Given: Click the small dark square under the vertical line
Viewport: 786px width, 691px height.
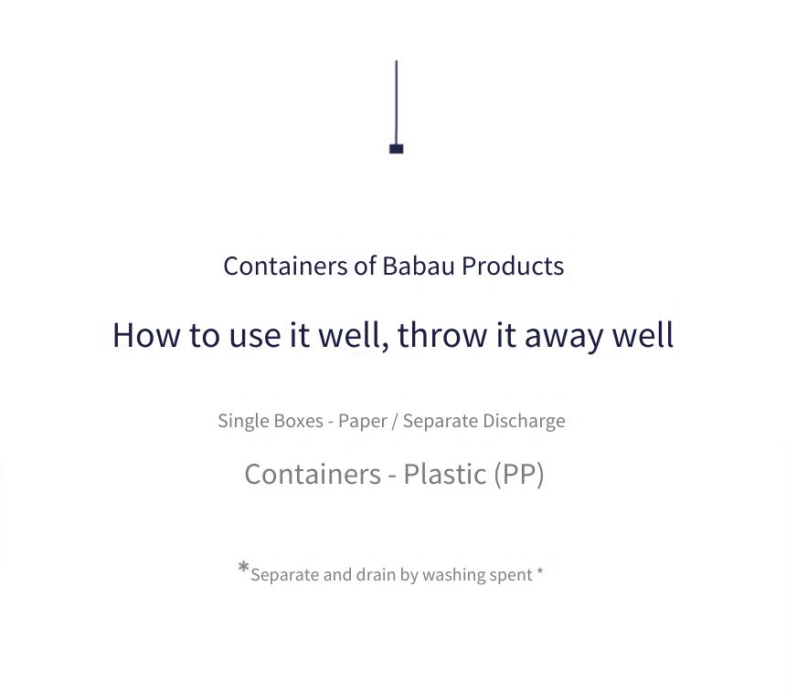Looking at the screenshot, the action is point(396,149).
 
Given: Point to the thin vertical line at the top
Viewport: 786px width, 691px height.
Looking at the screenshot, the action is point(397,102).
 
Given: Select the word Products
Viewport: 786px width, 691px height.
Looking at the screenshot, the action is point(513,266).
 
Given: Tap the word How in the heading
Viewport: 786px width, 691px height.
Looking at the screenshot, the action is point(146,335).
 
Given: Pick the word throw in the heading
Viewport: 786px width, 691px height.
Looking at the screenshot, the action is point(441,334).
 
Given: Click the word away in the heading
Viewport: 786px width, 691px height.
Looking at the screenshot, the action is point(563,337).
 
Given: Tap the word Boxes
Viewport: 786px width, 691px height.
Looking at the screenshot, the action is point(299,421).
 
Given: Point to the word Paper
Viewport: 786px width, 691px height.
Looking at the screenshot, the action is point(363,421).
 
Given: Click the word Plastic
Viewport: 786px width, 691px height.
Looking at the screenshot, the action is point(444,474).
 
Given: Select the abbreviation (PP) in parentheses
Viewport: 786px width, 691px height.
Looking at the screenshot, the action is point(519,475).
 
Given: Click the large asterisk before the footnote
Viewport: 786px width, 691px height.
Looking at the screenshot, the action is point(244,568).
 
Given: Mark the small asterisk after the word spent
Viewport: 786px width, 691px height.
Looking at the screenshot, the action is point(540,571).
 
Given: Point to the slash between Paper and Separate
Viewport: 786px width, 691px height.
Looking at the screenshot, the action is point(395,422).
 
